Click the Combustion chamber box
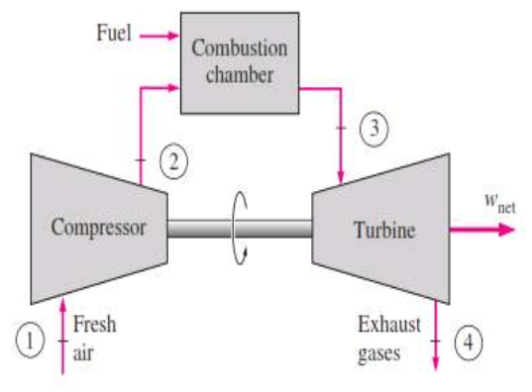coord(239,60)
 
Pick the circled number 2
coord(173,162)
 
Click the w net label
coord(487,201)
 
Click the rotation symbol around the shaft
coord(238,229)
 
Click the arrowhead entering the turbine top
coord(340,176)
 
